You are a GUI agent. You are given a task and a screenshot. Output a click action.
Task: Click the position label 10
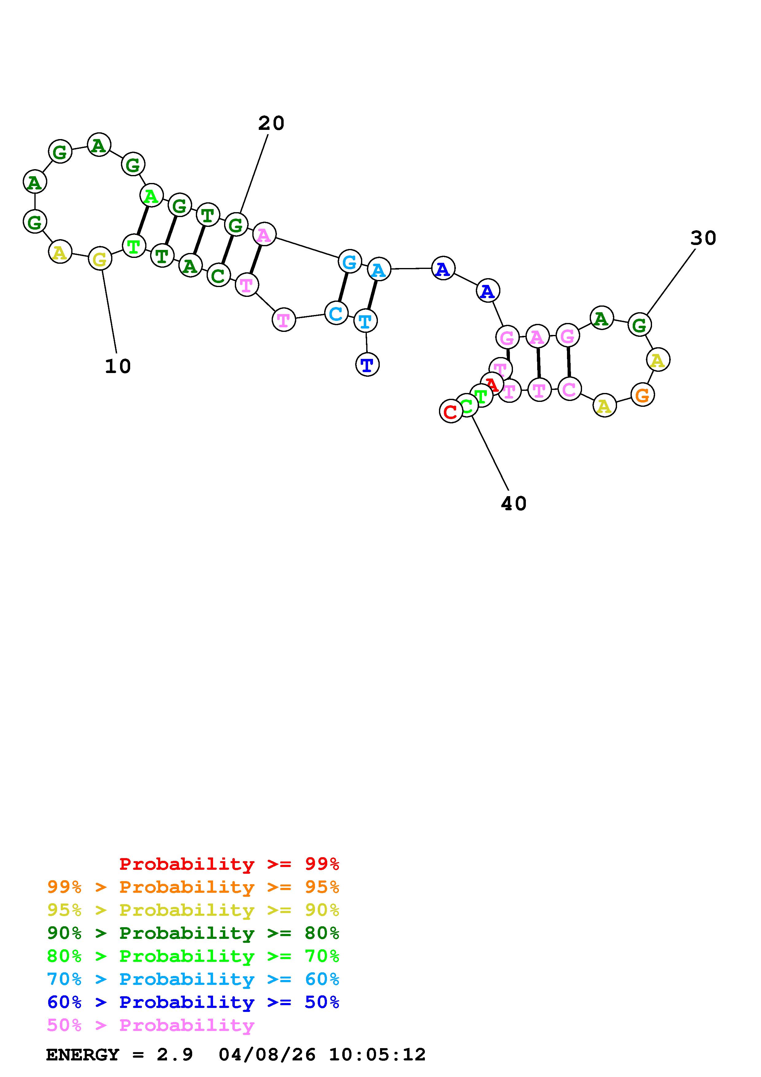pos(118,366)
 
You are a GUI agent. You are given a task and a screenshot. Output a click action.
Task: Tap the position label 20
pos(271,123)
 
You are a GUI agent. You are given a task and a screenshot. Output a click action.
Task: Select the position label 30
pos(703,238)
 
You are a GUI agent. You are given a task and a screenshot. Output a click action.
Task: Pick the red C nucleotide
pos(451,411)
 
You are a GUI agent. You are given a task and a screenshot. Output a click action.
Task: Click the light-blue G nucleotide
pos(349,262)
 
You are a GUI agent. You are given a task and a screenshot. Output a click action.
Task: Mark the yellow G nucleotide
pos(100,259)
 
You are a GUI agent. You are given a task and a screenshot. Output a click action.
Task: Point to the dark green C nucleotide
pos(218,275)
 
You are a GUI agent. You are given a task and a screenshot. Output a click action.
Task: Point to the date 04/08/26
pos(267,1055)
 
